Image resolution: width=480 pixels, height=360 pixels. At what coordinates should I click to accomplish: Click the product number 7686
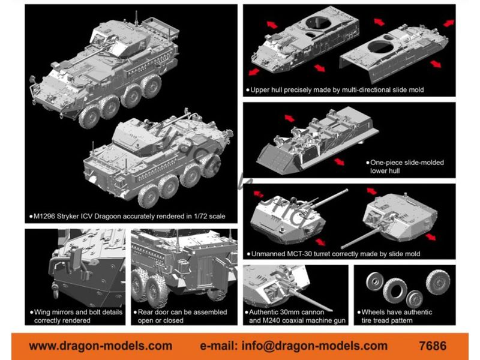tap(433, 346)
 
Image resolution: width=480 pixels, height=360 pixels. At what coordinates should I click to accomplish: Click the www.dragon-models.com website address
tap(100, 346)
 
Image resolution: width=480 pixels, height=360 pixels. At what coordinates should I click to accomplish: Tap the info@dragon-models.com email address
tap(314, 346)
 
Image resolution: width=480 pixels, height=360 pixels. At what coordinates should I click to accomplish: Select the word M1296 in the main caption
tap(44, 217)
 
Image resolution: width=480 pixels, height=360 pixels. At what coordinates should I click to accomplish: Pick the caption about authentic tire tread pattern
tap(395, 316)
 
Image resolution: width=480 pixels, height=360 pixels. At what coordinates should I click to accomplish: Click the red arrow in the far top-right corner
tap(449, 23)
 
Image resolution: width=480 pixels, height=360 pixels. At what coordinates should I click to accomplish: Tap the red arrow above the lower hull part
tap(289, 118)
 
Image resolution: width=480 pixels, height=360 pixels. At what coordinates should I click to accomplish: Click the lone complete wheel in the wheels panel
tap(438, 281)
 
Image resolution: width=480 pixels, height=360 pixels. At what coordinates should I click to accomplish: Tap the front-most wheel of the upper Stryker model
tap(89, 116)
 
